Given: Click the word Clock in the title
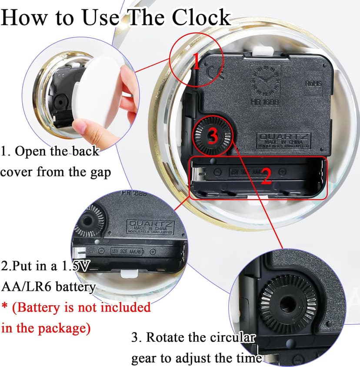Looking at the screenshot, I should (x=200, y=17).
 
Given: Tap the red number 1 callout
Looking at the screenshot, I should (x=196, y=63).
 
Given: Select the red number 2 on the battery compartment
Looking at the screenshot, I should (x=266, y=176).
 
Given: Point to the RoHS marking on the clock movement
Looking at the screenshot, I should (x=313, y=82).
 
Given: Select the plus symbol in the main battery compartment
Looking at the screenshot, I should (x=282, y=172).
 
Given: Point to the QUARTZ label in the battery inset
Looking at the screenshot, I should (x=149, y=225).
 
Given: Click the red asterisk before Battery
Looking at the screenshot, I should (x=5, y=306).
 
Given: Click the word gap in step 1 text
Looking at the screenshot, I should (x=100, y=172).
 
